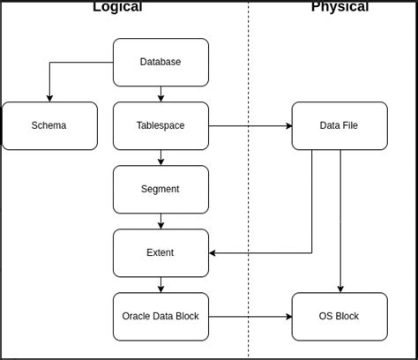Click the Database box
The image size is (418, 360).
(x=160, y=62)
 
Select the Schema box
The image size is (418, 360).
(x=49, y=125)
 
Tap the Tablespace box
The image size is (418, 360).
(x=160, y=125)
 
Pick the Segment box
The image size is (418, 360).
(x=160, y=189)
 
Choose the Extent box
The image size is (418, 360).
(x=160, y=252)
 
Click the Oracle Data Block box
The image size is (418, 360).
(x=160, y=316)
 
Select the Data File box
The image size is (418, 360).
(x=339, y=125)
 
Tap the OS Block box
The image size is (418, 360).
(x=339, y=316)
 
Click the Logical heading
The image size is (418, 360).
(x=117, y=7)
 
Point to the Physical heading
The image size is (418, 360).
(x=340, y=7)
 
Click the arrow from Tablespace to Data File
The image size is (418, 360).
(x=250, y=125)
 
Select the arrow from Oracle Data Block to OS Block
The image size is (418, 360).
(x=250, y=316)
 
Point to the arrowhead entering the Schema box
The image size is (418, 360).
(x=49, y=98)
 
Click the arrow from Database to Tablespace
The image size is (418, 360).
(x=160, y=94)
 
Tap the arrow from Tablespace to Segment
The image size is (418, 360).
(x=160, y=157)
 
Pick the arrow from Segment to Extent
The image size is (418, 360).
(x=160, y=221)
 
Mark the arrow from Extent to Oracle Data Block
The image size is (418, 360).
(x=160, y=284)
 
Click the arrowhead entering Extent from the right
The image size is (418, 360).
(x=213, y=252)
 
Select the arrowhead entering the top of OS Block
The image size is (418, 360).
(x=340, y=289)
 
